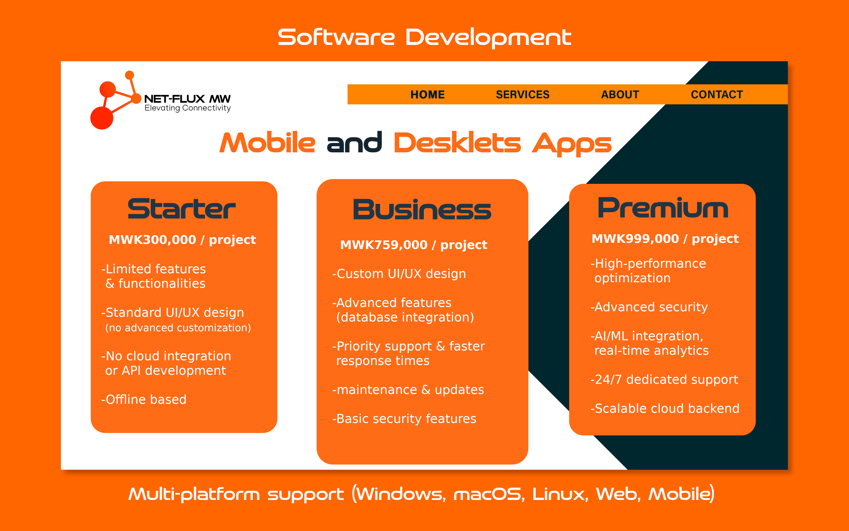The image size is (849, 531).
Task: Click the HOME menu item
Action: click(x=427, y=95)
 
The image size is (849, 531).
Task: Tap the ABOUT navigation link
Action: click(x=620, y=95)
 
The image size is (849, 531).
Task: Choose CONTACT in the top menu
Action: click(x=717, y=95)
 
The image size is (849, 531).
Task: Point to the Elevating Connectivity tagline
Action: click(x=188, y=108)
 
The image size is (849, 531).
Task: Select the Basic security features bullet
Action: click(x=404, y=419)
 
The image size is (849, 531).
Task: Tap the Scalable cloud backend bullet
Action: click(x=665, y=408)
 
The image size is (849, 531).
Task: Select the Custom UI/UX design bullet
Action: click(x=399, y=274)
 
